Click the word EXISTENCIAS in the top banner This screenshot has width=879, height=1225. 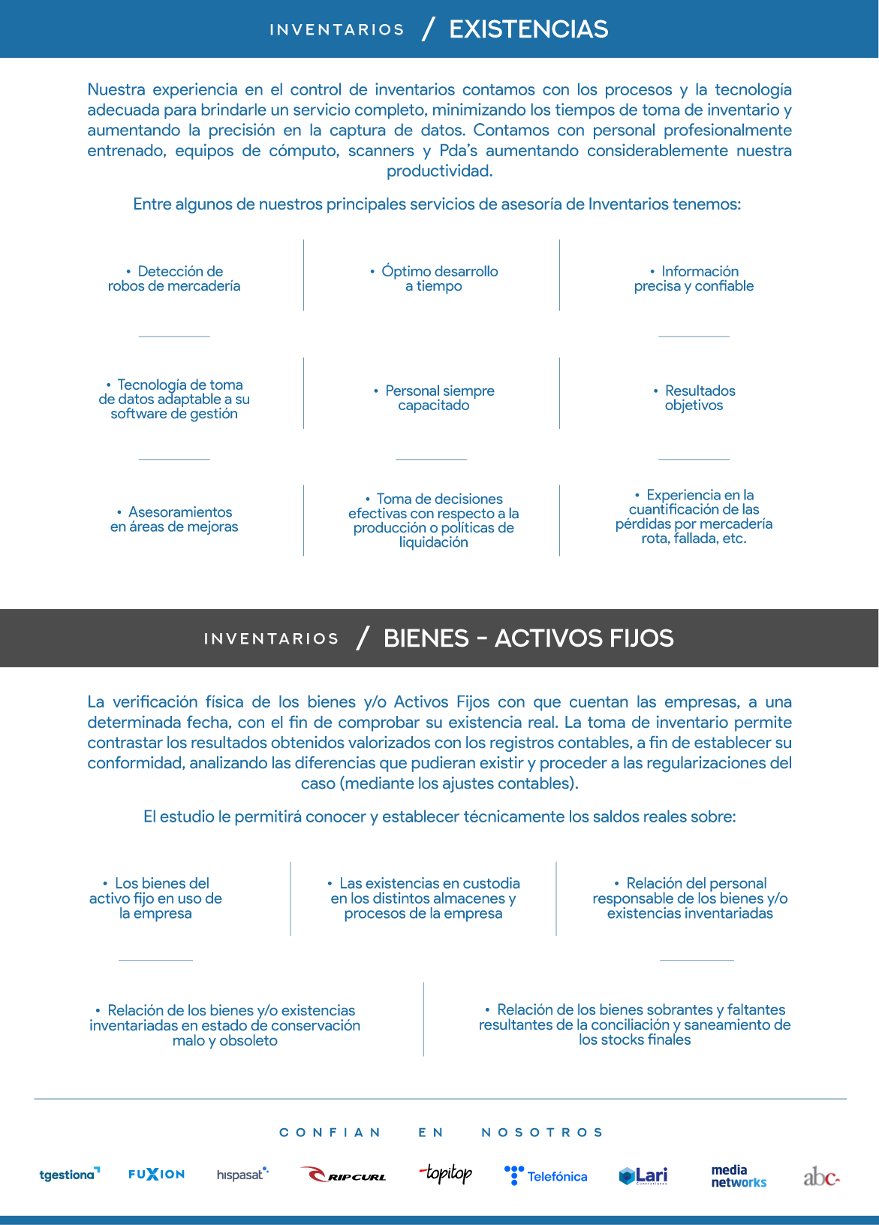click(528, 29)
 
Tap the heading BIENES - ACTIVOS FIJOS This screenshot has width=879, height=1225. click(528, 638)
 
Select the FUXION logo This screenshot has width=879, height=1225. click(156, 1174)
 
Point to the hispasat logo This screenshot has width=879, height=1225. click(242, 1174)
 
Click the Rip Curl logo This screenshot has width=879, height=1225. click(343, 1175)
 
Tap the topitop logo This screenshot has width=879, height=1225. click(447, 1173)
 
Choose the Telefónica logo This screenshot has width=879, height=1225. click(546, 1175)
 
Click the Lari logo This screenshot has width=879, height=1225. click(643, 1175)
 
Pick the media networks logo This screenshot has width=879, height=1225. click(739, 1175)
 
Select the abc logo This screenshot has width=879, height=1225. click(821, 1176)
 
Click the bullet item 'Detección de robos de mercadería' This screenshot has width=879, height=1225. click(174, 279)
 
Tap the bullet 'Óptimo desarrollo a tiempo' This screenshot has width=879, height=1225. click(434, 279)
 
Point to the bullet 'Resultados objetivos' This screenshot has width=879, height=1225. click(694, 398)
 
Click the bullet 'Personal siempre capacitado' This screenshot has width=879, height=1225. click(434, 398)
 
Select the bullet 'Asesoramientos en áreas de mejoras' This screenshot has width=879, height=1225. click(174, 520)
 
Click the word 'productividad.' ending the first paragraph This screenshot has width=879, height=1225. click(440, 171)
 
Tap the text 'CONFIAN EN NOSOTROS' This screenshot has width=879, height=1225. click(441, 1133)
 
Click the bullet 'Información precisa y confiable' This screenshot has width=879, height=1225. click(694, 279)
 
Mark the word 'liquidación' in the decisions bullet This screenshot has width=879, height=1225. click(434, 542)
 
